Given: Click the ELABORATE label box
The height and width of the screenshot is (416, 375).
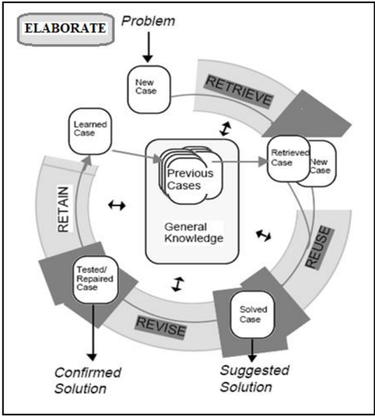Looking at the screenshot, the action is pos(65,29).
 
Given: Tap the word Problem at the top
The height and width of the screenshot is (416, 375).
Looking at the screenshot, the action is pos(148,21).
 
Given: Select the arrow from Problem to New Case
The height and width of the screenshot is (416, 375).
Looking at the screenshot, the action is pos(148,47).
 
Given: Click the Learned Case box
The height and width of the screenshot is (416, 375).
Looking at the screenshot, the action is pos(90,131).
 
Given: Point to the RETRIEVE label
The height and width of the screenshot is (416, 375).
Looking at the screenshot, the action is pos(239,91).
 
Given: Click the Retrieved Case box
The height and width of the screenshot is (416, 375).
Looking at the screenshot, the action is pos(288,159).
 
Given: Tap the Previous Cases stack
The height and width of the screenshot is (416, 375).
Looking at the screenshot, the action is pos(191,175).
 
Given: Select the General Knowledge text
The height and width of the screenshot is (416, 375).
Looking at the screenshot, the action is pos(194,233).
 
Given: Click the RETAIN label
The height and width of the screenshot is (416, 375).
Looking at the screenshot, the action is pos(64,209).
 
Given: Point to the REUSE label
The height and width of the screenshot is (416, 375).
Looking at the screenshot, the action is pos(318,247).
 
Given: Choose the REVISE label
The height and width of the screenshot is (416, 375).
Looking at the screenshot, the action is pos(161,326).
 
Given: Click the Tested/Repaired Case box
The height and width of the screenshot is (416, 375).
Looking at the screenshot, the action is pos(95,279).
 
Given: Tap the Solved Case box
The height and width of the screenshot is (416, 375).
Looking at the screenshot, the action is pos(252,315).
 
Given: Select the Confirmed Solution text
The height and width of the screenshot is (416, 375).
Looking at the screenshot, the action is pos(87,381).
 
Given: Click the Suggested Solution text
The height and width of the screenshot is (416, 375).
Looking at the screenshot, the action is pos(254,378).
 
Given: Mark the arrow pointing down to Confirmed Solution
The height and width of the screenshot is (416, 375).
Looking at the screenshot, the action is pos(92,332).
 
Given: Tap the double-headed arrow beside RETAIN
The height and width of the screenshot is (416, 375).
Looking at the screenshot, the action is pos(117,205).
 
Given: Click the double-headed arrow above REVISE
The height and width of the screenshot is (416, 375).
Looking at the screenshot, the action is pos(177,284).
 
